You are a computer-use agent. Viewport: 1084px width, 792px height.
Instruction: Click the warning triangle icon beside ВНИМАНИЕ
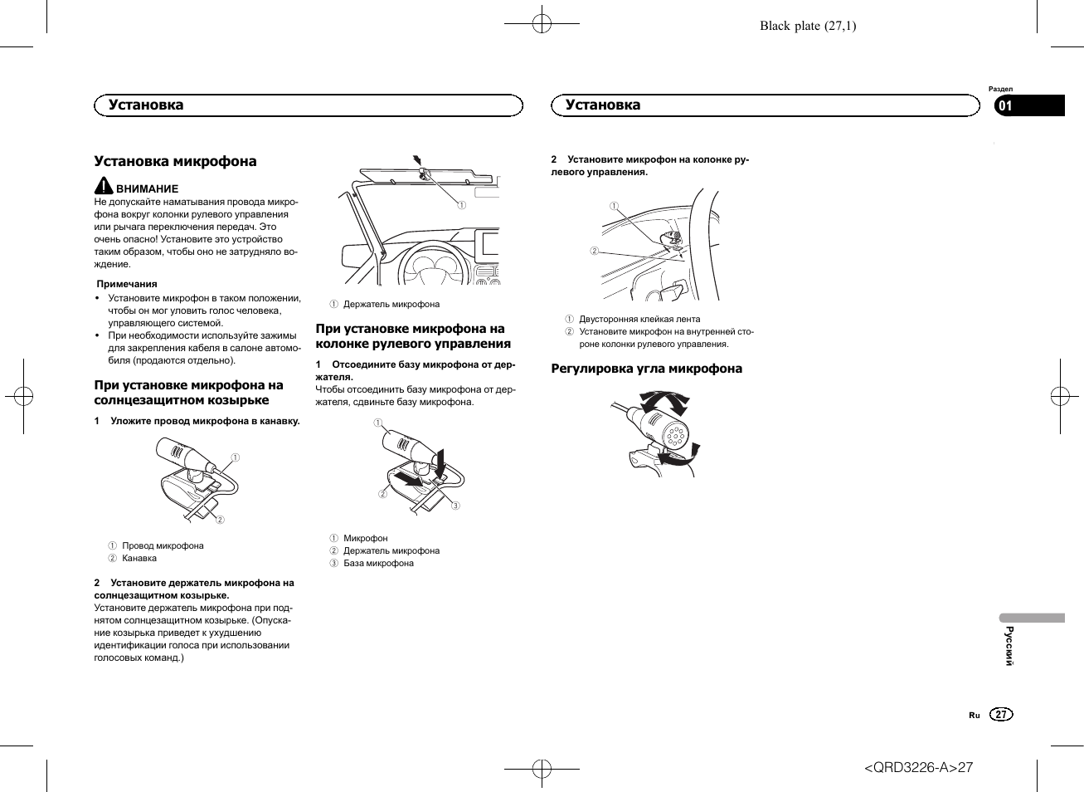[x=103, y=186]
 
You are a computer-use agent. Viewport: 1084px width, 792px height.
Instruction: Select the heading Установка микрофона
[x=175, y=161]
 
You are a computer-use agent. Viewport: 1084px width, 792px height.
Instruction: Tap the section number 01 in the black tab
[x=1005, y=105]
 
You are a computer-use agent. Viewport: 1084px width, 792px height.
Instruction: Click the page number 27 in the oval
[x=1001, y=715]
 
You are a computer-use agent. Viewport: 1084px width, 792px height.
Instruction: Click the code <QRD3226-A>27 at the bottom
[x=918, y=767]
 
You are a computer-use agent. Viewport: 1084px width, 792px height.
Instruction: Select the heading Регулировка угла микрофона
[x=646, y=369]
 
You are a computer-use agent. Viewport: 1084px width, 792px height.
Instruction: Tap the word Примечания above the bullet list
[x=127, y=284]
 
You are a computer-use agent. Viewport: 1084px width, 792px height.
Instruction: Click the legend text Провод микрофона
[x=163, y=545]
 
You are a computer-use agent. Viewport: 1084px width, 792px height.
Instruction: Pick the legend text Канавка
[x=139, y=558]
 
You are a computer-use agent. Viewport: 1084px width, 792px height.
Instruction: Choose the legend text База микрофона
[x=378, y=563]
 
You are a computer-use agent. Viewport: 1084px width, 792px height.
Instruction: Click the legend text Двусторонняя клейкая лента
[x=639, y=319]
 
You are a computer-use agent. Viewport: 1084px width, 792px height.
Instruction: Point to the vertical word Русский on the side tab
[x=1009, y=646]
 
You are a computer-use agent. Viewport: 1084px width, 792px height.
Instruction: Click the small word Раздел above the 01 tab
[x=1000, y=89]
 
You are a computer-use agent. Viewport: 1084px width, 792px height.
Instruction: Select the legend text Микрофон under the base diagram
[x=365, y=538]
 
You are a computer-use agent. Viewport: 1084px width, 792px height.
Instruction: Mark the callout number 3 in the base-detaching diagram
[x=455, y=506]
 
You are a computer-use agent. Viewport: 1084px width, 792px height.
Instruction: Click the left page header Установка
[x=146, y=105]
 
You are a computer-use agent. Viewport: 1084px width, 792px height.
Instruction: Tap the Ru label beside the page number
[x=974, y=715]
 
